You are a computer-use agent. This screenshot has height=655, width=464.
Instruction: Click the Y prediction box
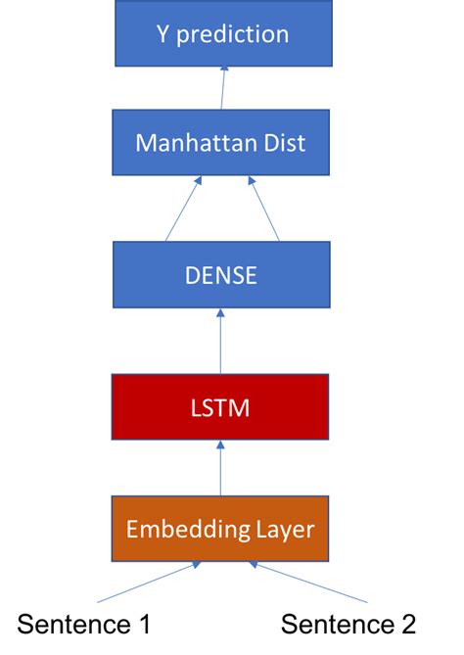(222, 34)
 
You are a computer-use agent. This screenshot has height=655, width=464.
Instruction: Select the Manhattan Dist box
(220, 143)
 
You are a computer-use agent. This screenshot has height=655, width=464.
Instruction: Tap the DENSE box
(220, 275)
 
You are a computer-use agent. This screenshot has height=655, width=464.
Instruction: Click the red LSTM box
(220, 406)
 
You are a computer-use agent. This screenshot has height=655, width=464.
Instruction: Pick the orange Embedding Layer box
(220, 530)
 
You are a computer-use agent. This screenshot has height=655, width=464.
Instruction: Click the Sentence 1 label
(84, 624)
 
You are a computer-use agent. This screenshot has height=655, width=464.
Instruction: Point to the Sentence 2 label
(348, 624)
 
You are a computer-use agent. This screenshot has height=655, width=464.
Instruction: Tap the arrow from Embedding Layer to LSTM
(220, 469)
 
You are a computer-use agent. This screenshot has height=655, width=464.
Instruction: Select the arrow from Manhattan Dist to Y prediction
(223, 88)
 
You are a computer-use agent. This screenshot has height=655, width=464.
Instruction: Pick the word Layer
(283, 530)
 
